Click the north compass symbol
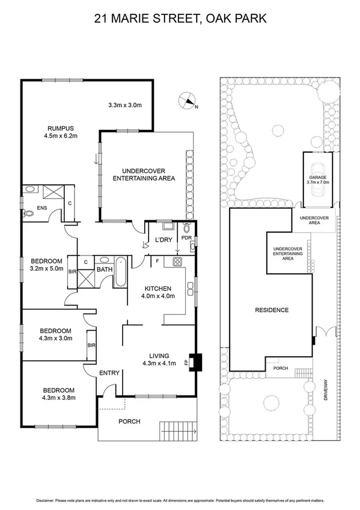pyautogui.click(x=188, y=102)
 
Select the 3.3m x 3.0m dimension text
pyautogui.click(x=125, y=105)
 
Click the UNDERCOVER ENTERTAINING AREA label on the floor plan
pyautogui.click(x=147, y=174)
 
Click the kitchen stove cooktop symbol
pyautogui.click(x=178, y=262)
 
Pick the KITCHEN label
pyautogui.click(x=158, y=288)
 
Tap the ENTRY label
pyautogui.click(x=109, y=373)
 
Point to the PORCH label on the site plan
pyautogui.click(x=281, y=368)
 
